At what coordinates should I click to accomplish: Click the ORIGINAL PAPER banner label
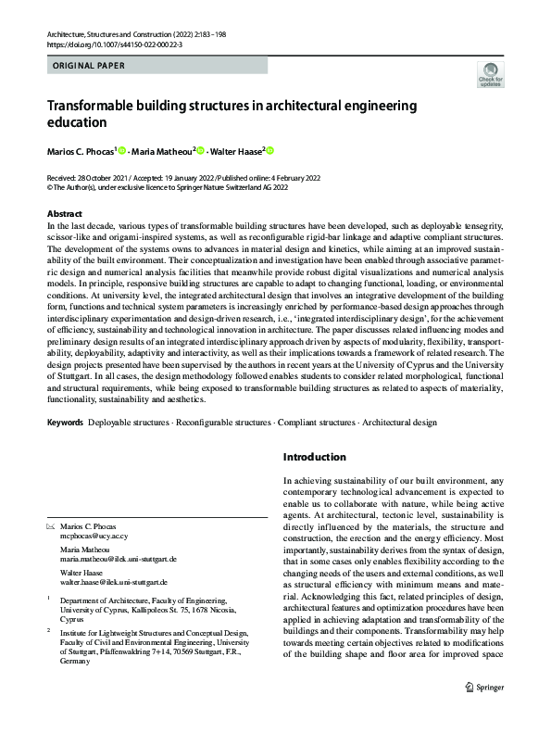(x=84, y=66)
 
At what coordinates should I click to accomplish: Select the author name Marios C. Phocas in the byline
(x=81, y=151)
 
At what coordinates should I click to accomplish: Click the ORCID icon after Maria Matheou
(x=199, y=151)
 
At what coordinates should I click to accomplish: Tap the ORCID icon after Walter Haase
(x=270, y=151)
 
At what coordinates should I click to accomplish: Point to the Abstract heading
(x=64, y=214)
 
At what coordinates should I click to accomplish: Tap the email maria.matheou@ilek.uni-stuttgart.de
(x=118, y=560)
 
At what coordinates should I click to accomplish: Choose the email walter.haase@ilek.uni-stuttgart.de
(x=114, y=583)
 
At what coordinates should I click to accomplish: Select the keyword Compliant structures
(x=312, y=423)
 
